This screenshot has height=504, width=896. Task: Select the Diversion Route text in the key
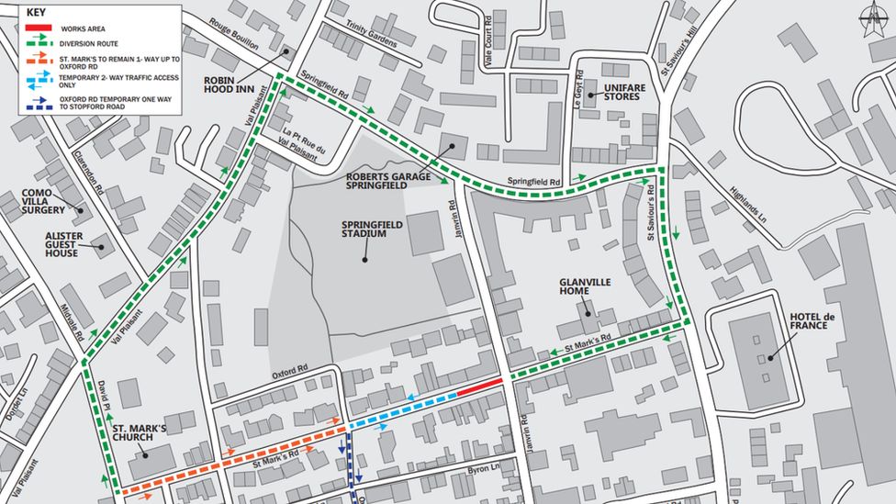[88, 42]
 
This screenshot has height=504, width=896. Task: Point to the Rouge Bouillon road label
[234, 34]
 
